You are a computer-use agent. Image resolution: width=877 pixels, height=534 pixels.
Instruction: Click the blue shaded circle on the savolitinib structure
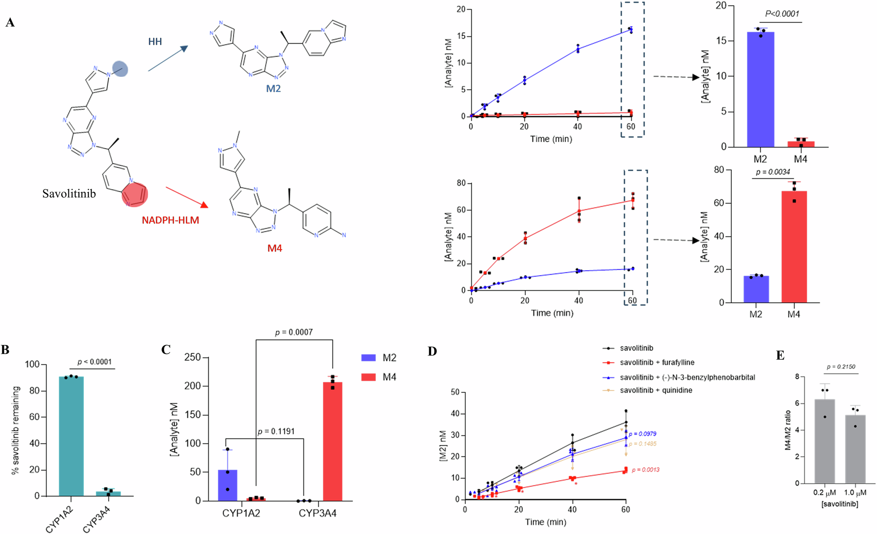click(x=120, y=69)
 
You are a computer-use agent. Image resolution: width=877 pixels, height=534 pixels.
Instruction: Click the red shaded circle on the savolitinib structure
click(x=135, y=195)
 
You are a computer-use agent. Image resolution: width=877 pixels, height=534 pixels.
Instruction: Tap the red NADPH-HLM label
click(x=170, y=220)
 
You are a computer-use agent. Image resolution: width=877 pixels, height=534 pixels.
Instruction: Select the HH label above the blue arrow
click(x=155, y=42)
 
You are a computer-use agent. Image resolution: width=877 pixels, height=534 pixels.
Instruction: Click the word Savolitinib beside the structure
click(x=69, y=194)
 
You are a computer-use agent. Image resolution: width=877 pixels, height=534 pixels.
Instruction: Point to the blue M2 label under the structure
click(x=273, y=89)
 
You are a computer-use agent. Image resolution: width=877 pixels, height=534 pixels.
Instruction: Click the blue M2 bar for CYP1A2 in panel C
click(x=228, y=485)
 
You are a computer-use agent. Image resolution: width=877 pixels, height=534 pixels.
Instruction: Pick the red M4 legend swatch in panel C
click(x=368, y=377)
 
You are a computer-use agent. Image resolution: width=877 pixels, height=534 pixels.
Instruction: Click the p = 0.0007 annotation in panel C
click(x=294, y=332)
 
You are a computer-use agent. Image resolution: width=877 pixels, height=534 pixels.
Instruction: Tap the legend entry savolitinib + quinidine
click(x=656, y=390)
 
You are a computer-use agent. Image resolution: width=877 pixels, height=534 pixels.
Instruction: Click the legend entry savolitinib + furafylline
click(x=656, y=362)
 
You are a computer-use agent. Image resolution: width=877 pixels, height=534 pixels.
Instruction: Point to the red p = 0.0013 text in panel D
click(x=645, y=470)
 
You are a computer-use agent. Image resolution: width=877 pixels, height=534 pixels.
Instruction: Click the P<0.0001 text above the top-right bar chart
click(x=782, y=14)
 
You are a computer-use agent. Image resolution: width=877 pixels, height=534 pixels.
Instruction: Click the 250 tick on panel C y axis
click(x=193, y=357)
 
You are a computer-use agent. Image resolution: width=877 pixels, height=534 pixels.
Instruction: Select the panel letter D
click(x=432, y=351)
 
